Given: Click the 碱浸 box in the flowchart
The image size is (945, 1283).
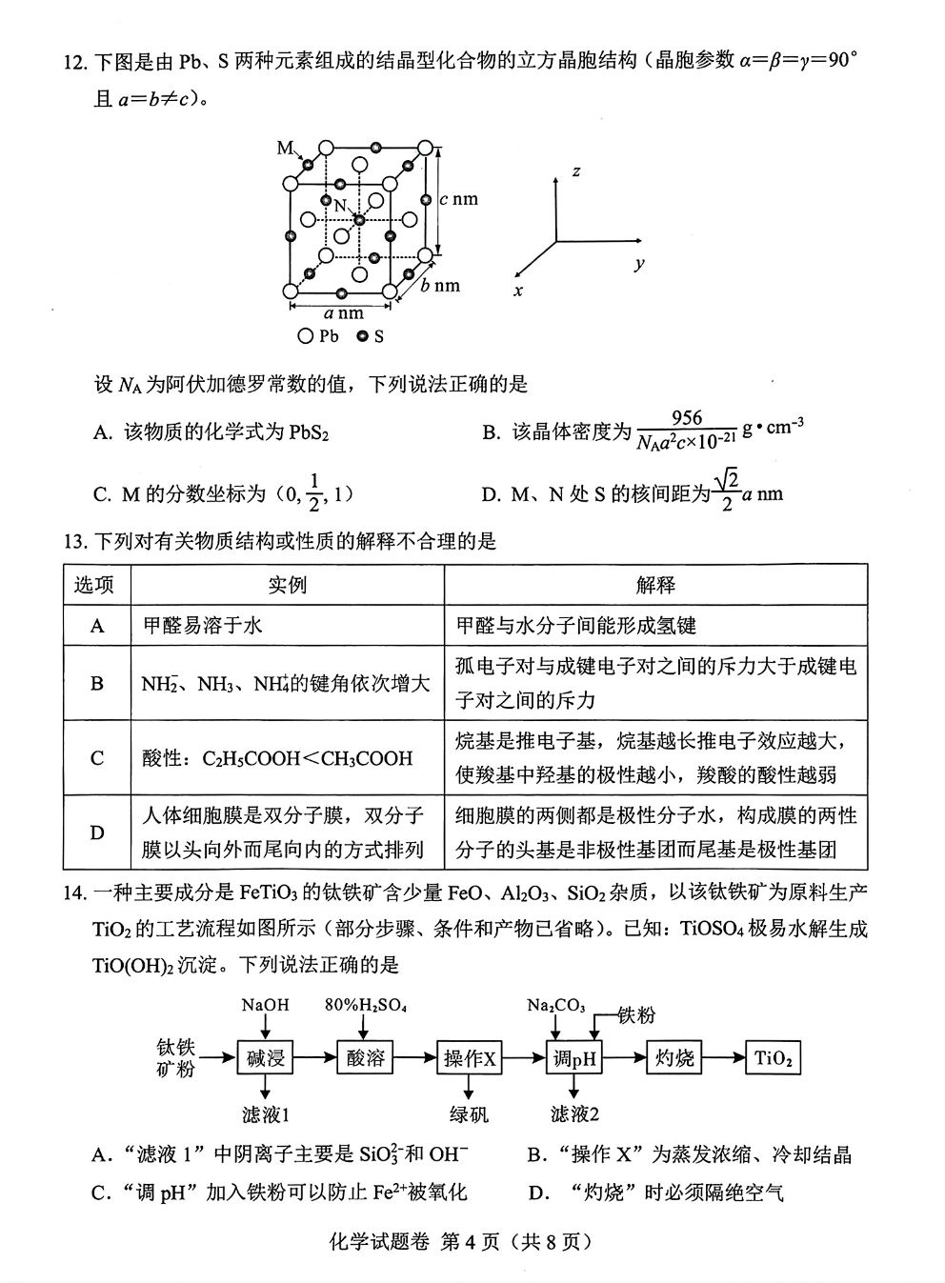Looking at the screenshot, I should tap(265, 1057).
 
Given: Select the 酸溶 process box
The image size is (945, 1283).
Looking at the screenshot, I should tap(366, 1057).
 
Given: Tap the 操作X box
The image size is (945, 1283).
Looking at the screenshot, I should tap(471, 1058).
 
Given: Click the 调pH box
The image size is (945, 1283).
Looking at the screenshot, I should tap(574, 1058).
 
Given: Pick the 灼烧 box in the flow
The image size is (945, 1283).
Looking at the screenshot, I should tap(674, 1058).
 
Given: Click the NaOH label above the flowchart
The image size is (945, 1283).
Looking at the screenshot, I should tap(265, 1005).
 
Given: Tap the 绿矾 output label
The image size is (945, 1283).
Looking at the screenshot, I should tap(470, 1113).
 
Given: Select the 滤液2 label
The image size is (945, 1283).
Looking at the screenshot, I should tap(574, 1113).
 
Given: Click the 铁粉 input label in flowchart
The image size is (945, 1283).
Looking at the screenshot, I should tap(637, 1015).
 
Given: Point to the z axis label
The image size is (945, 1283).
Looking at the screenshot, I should tap(576, 171).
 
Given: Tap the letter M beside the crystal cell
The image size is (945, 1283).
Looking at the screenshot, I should tap(285, 147).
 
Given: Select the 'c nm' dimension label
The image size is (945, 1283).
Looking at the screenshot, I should tap(458, 199).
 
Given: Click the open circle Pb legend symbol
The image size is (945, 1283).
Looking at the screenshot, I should tap(305, 336).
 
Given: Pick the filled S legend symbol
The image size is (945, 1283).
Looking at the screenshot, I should tap(362, 336).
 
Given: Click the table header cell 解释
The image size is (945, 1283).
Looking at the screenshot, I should tap(655, 585).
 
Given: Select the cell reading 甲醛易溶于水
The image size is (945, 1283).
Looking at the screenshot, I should tap(202, 625).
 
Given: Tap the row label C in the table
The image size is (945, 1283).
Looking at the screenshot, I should tap(97, 758).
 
